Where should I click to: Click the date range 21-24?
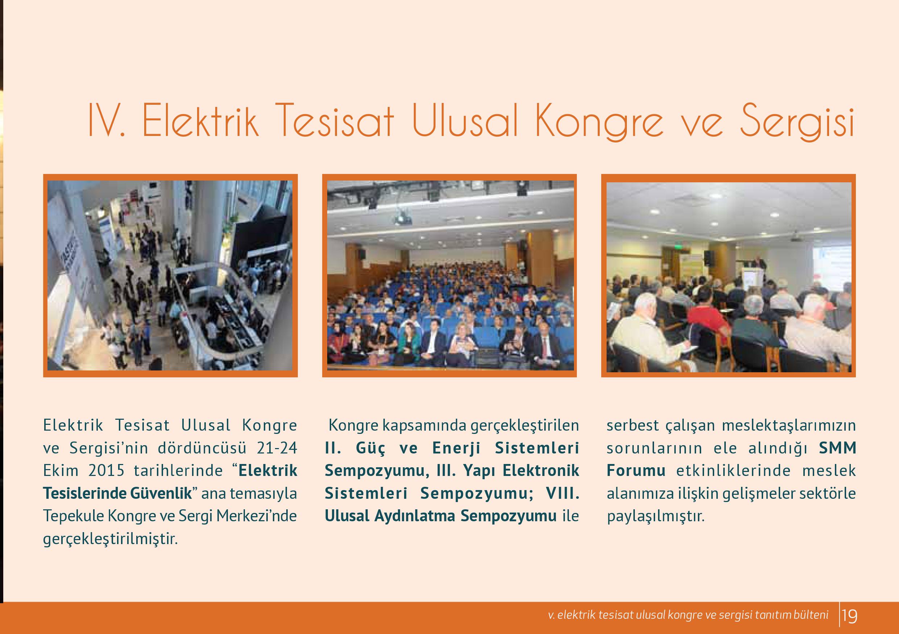pos(277,448)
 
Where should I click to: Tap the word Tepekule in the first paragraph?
pos(73,516)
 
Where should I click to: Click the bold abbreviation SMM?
pos(837,448)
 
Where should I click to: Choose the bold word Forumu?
pos(636,470)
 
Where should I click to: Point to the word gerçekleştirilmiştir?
pos(111,539)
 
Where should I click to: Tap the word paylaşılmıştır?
pos(655,517)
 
